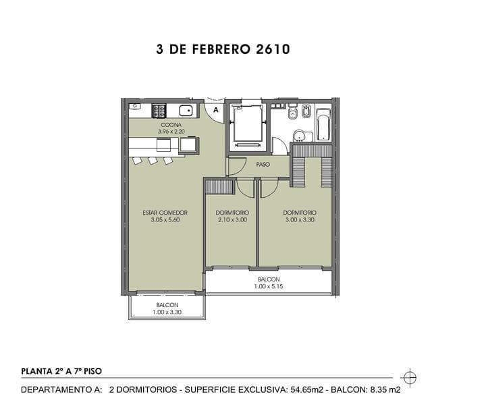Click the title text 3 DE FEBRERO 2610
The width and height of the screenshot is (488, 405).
223,49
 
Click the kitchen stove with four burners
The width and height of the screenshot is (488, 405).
159,110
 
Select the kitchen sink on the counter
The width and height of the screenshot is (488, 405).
186,110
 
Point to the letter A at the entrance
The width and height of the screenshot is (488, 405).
215,109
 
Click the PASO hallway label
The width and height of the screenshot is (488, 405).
263,164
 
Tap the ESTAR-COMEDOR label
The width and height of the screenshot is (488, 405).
165,213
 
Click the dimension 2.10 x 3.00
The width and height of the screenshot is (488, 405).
232,220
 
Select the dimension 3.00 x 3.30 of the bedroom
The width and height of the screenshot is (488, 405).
300,220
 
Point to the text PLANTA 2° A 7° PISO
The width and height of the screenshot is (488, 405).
62,371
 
